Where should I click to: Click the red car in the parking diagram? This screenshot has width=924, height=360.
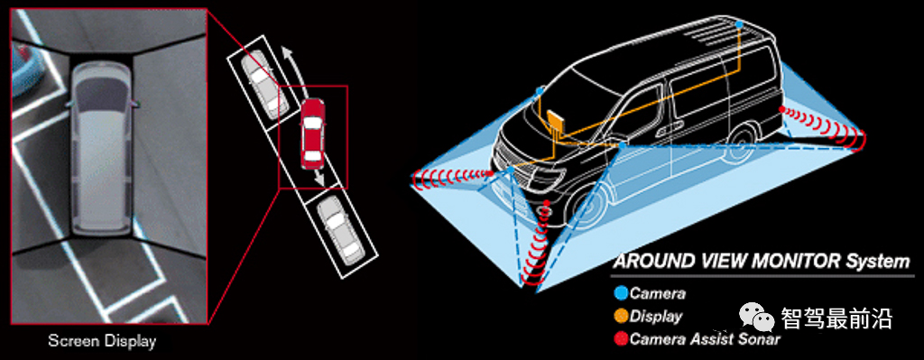[312, 133]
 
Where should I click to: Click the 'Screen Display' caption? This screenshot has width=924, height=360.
[102, 340]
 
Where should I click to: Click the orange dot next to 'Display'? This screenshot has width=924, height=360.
[621, 316]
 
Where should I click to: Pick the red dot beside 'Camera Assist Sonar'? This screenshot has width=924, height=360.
[621, 338]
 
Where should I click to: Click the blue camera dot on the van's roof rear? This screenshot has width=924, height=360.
[739, 24]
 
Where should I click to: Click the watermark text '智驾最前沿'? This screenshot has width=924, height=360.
[836, 318]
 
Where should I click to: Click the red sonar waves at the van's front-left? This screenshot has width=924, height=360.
[452, 176]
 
